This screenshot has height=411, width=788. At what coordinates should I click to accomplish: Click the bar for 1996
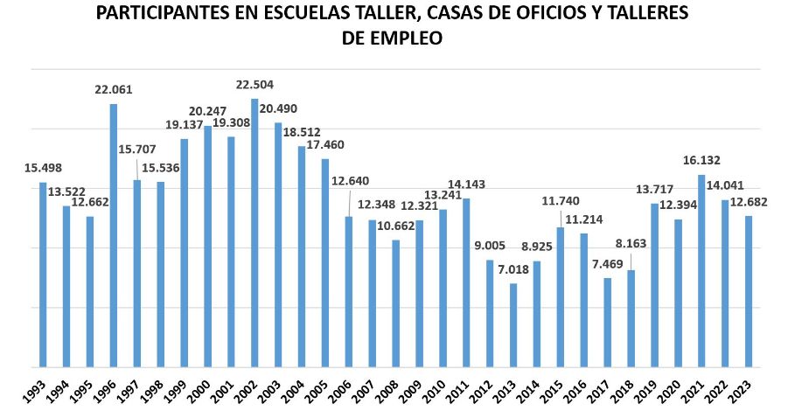(114, 236)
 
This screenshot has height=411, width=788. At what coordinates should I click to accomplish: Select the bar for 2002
(255, 233)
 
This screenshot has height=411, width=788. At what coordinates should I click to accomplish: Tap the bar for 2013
(513, 325)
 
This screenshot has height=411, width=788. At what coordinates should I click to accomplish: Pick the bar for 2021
(701, 271)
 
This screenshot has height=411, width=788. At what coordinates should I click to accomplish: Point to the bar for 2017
(607, 323)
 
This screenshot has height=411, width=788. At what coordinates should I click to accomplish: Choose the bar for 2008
(395, 303)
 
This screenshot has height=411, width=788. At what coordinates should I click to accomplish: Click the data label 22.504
(255, 85)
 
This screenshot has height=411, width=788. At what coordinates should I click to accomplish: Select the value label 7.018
(513, 269)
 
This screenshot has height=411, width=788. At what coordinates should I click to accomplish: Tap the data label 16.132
(701, 160)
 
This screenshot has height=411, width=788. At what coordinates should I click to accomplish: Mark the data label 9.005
(491, 246)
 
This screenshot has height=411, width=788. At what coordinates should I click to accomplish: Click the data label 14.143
(466, 185)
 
